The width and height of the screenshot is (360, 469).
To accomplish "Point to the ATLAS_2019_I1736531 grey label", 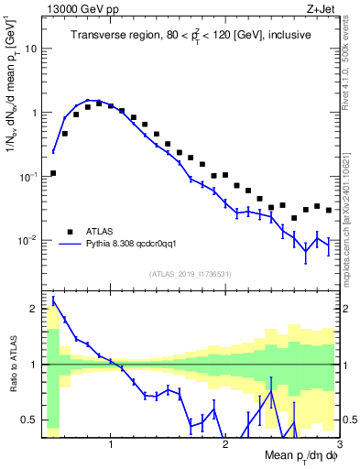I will pyautogui.click(x=191, y=274).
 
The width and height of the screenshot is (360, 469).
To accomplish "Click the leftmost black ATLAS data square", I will pyautogui.click(x=53, y=172).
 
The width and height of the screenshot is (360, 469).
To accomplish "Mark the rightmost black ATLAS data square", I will pyautogui.click(x=329, y=210).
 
